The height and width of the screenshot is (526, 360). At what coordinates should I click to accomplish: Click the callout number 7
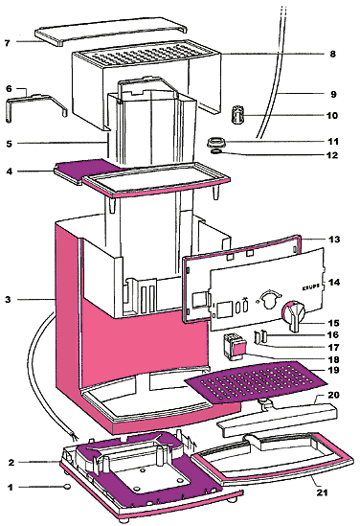point(8,42)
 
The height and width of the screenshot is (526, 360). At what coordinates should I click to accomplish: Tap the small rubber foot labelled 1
point(67,486)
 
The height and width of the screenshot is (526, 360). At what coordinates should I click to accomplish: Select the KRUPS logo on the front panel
point(311,287)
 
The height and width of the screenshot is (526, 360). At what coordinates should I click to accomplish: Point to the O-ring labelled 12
point(216,152)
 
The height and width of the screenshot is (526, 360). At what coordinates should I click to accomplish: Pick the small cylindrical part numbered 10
point(238,114)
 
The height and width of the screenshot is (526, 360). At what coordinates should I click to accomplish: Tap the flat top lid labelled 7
point(111,32)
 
